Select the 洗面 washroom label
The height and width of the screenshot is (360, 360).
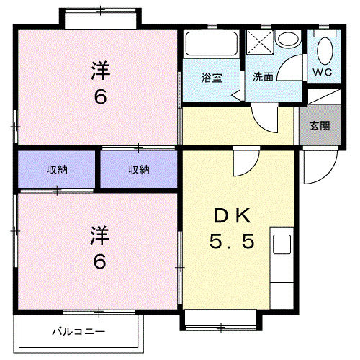[x=263, y=77]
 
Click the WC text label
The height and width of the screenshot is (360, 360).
[x=322, y=72]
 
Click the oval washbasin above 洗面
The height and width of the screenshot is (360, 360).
[x=290, y=42]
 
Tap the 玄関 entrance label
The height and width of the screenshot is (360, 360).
[x=320, y=125]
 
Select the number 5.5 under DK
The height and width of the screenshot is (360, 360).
[x=232, y=243]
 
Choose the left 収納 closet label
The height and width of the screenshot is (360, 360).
[x=58, y=170]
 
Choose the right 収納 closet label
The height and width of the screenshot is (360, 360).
[x=139, y=170]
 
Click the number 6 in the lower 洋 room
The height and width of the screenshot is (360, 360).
[x=99, y=261]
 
